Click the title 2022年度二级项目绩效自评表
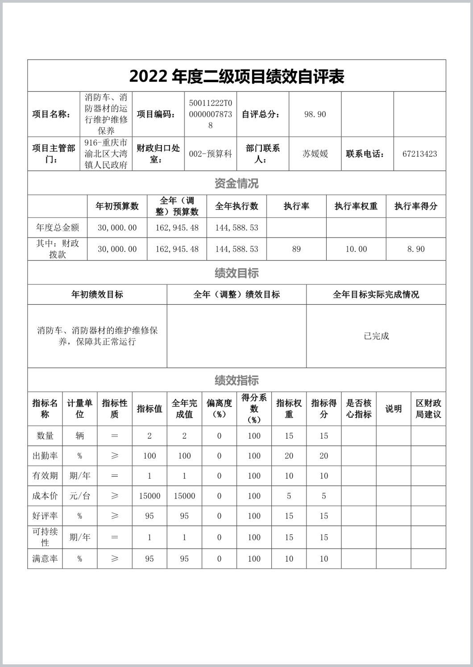[x=236, y=77]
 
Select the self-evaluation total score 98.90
[x=315, y=114]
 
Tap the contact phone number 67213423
[x=419, y=154]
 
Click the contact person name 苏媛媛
[x=315, y=154]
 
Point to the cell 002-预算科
[x=210, y=154]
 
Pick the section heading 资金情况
[x=236, y=183]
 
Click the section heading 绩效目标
[x=236, y=273]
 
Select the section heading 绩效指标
[x=236, y=380]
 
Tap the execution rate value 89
[x=296, y=249]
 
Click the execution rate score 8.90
[x=415, y=249]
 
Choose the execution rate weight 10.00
[x=356, y=249]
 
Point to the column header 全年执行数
[x=236, y=206]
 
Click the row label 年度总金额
[x=57, y=228]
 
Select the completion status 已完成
[x=376, y=336]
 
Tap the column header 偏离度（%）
[x=219, y=408]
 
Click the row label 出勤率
[x=45, y=456]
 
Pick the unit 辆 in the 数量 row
[x=79, y=436]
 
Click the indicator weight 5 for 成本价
[x=289, y=496]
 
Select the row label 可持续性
[x=45, y=537]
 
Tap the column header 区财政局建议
[x=428, y=408]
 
